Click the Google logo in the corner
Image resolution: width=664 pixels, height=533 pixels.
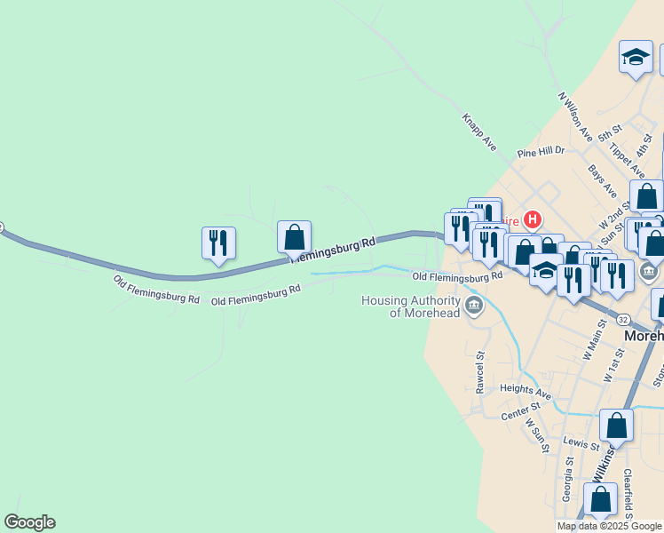[x=29, y=522]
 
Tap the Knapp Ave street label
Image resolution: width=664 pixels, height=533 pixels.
[x=478, y=131]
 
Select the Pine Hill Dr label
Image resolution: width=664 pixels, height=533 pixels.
[x=541, y=151]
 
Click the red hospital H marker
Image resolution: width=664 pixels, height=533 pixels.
[x=533, y=219]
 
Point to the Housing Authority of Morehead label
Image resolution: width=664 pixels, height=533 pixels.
[x=411, y=306]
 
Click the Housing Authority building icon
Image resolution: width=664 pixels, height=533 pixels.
[x=474, y=307]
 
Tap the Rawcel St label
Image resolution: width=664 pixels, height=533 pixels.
[x=479, y=372]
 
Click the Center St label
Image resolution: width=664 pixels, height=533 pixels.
[x=520, y=410]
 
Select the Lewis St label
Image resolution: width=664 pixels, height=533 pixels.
[x=582, y=442]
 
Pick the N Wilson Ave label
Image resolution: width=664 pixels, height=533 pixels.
[x=574, y=116]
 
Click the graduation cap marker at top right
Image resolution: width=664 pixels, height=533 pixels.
[x=636, y=58]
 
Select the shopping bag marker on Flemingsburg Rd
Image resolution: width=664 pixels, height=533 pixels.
[x=294, y=238]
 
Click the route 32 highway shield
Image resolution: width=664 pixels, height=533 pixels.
[x=622, y=319]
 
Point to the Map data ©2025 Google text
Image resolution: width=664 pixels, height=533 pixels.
[x=608, y=526]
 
